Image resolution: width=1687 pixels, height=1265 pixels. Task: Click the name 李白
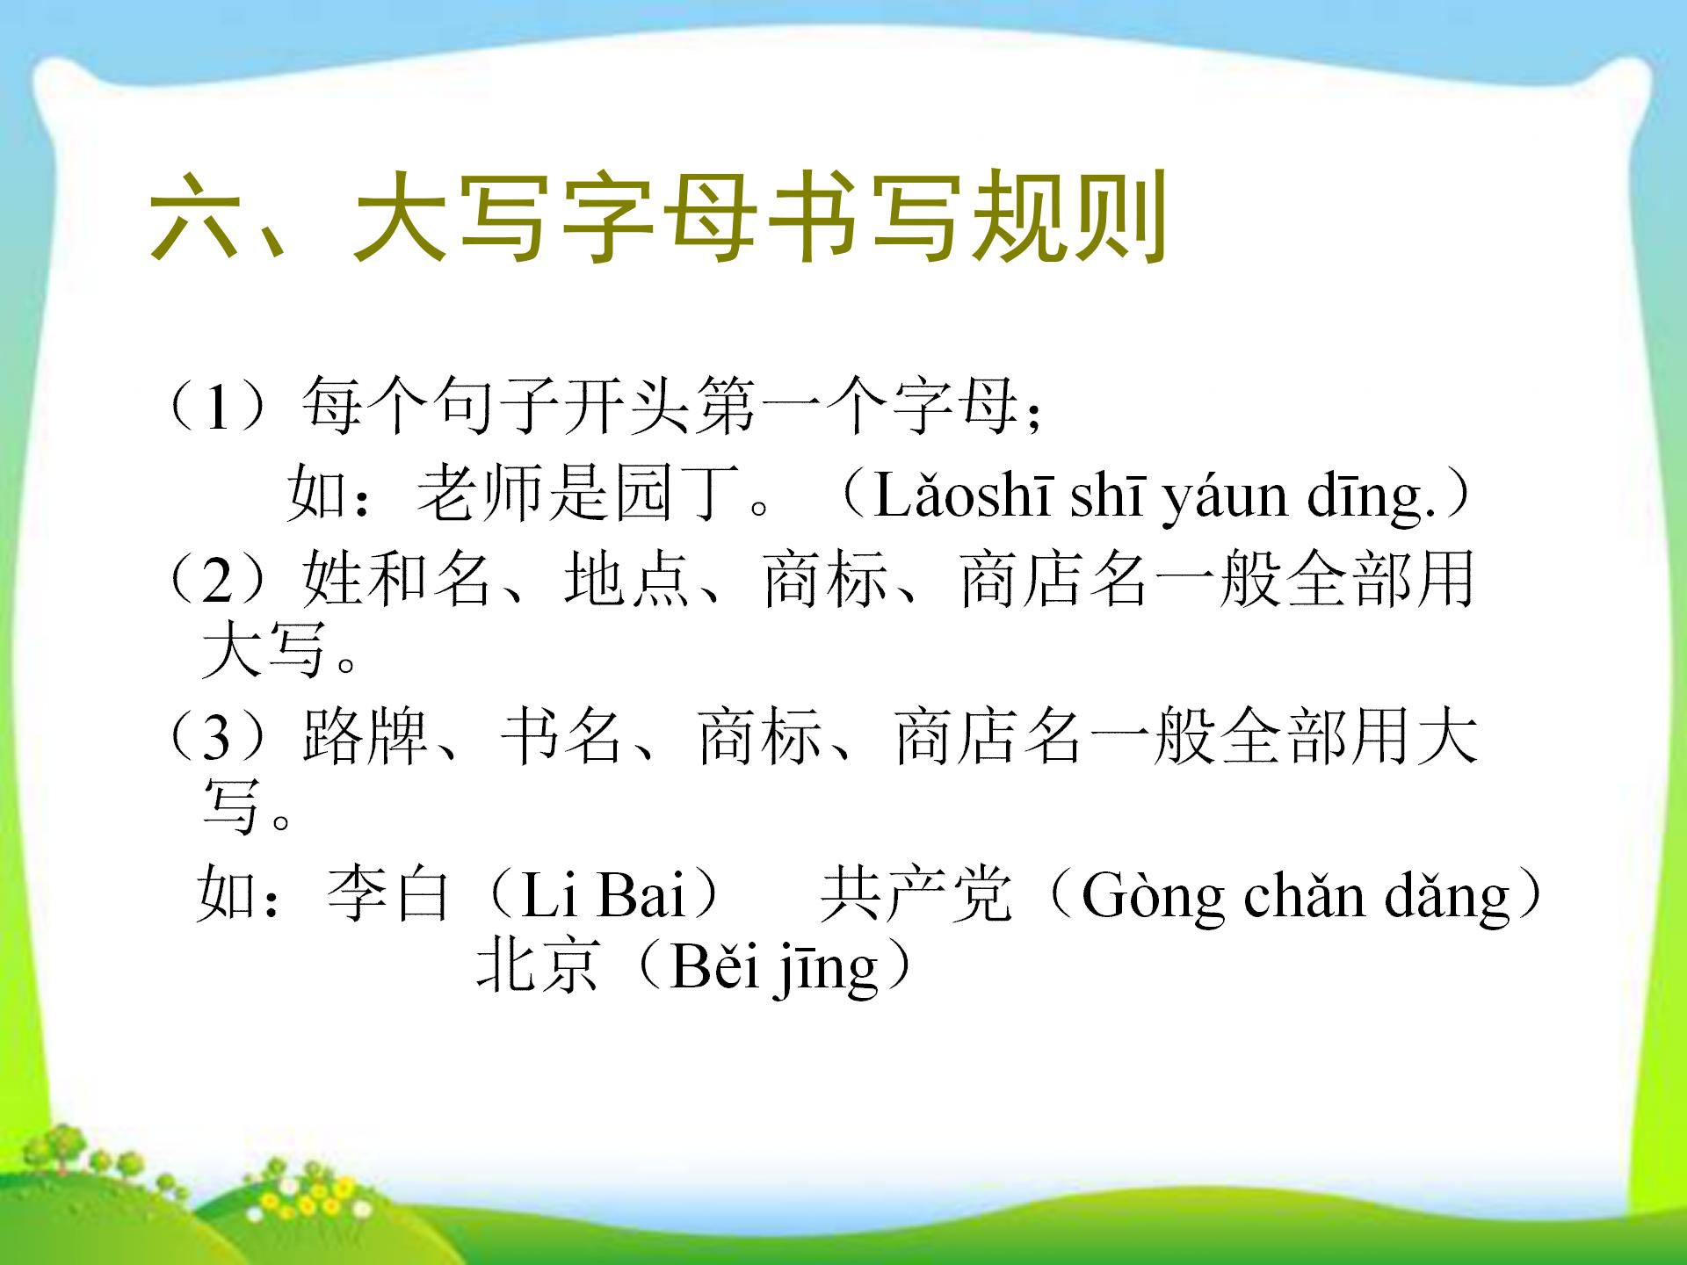click(x=387, y=894)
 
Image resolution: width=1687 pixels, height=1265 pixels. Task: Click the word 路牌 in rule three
click(x=365, y=735)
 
